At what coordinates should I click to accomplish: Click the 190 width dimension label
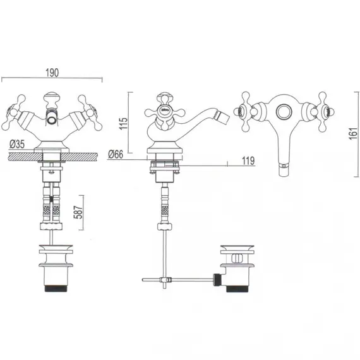[x=52, y=73]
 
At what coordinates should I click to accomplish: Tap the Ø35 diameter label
[x=17, y=145]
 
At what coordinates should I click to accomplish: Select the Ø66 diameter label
[x=116, y=154]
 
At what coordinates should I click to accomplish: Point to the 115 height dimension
[x=123, y=123]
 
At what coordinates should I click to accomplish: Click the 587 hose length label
[x=78, y=212]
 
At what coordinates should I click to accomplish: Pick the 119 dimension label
[x=248, y=160]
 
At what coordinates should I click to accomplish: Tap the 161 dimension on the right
[x=354, y=134]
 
